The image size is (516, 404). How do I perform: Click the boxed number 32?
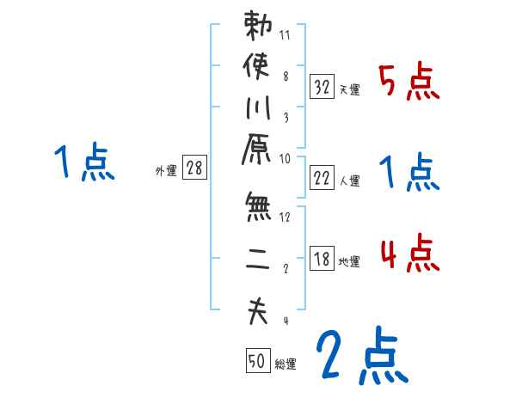coord(321,86)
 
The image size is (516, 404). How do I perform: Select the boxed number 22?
coord(321,178)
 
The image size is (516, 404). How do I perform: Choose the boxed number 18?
coord(321,260)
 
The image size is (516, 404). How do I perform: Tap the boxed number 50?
coord(256,362)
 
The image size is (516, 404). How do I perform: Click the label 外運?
coord(166,171)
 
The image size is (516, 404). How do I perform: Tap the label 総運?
coord(286,364)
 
